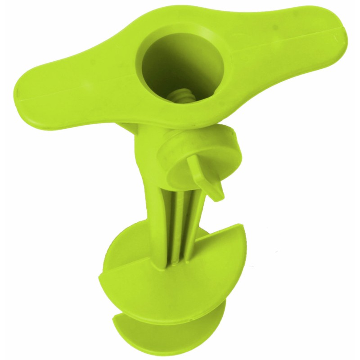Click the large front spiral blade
click(180, 288)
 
